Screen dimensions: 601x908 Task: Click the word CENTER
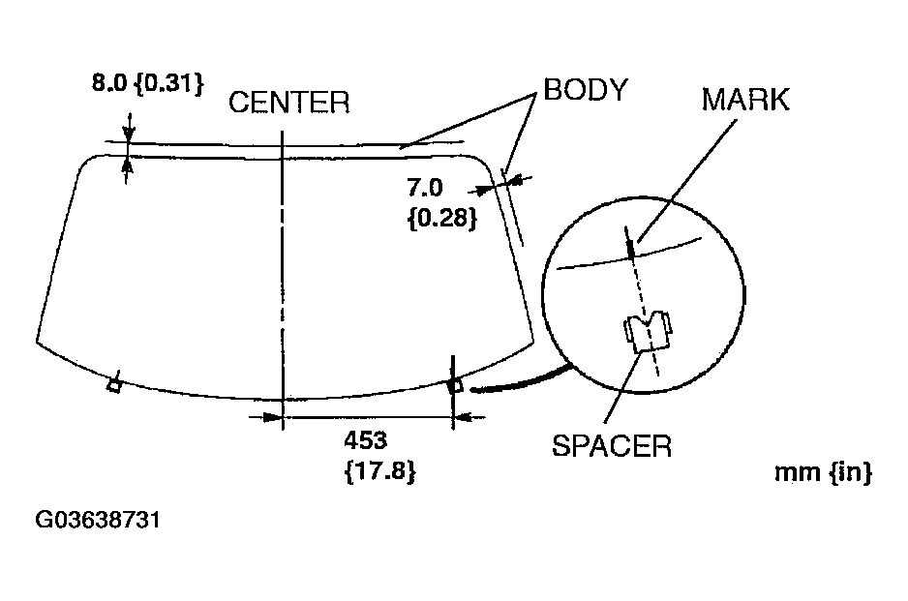click(x=288, y=103)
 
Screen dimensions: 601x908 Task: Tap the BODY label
click(x=585, y=90)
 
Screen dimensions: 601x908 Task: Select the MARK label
click(x=745, y=99)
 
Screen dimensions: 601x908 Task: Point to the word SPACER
click(x=611, y=446)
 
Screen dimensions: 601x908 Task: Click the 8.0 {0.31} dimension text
click(x=147, y=83)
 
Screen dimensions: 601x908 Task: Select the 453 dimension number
click(x=365, y=440)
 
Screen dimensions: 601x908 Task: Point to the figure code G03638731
click(x=97, y=521)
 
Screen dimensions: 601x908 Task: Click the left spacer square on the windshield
click(x=114, y=386)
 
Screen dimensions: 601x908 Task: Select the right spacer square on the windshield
click(x=454, y=385)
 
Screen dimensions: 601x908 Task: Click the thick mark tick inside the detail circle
click(x=630, y=247)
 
